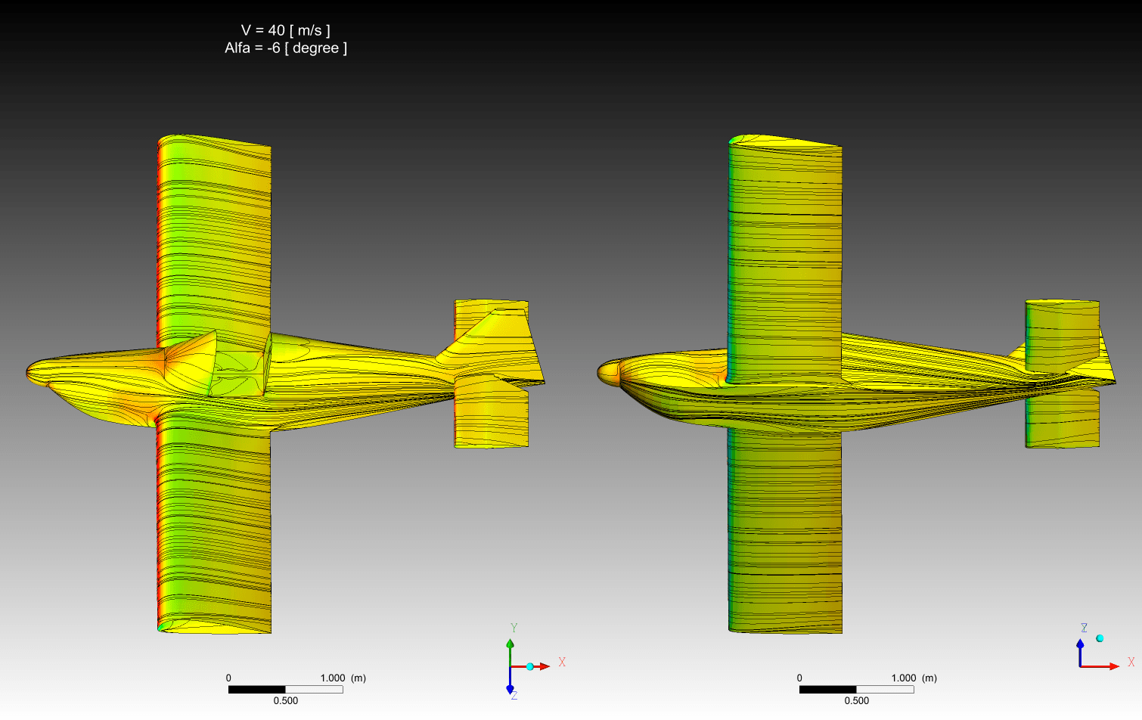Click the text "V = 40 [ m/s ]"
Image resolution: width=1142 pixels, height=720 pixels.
(286, 30)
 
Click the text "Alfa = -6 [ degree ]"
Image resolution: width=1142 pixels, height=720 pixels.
(286, 48)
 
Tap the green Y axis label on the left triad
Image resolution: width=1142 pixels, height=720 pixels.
(514, 628)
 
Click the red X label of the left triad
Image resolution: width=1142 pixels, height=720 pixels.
(562, 662)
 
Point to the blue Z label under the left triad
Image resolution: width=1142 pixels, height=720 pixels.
(514, 695)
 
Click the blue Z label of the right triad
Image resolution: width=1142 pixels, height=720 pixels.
(1084, 628)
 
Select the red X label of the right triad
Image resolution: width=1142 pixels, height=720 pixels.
(1131, 662)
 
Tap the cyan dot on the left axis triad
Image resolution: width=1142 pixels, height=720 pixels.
(530, 666)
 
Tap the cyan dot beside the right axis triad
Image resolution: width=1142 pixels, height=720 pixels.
(1100, 638)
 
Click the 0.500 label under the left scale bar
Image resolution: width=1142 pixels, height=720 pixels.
(286, 700)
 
